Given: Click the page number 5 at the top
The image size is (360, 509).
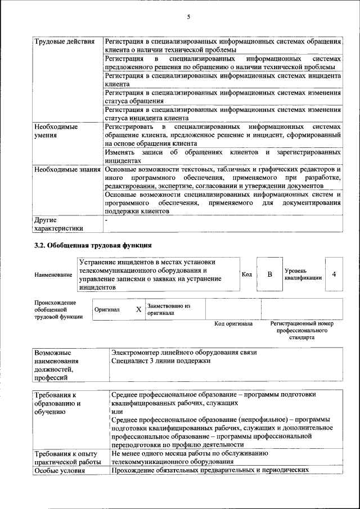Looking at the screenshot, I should pyautogui.click(x=188, y=17).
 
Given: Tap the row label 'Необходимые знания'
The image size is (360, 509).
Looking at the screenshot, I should pyautogui.click(x=67, y=169).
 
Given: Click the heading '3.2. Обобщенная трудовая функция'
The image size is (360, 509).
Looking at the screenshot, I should pyautogui.click(x=93, y=245).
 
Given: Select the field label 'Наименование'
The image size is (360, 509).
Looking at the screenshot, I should pyautogui.click(x=53, y=274).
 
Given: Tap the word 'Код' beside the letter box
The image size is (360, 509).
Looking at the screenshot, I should pyautogui.click(x=246, y=274).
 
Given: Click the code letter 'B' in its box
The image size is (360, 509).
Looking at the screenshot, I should pyautogui.click(x=269, y=274).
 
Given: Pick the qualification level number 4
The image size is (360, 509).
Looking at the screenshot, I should pyautogui.click(x=334, y=274).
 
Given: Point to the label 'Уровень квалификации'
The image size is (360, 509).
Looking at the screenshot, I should pyautogui.click(x=303, y=274).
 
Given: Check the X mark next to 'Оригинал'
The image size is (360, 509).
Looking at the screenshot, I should pyautogui.click(x=138, y=309).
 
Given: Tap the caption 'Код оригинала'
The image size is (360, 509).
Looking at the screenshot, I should pyautogui.click(x=233, y=324).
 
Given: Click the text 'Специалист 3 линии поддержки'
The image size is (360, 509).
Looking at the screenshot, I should pyautogui.click(x=161, y=361).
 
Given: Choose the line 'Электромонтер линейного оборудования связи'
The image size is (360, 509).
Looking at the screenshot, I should pyautogui.click(x=184, y=352).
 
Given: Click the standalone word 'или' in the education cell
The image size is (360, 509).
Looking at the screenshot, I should pyautogui.click(x=117, y=411).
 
